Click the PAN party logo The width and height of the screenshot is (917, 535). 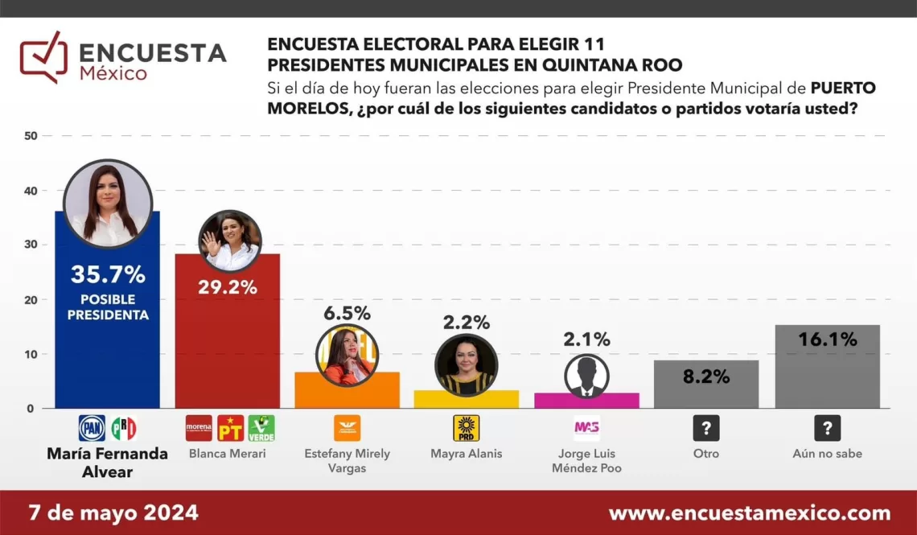(x=92, y=428)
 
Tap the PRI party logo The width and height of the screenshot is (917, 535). (x=123, y=428)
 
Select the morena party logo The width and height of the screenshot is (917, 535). (x=199, y=428)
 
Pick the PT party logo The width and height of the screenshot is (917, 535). (x=230, y=428)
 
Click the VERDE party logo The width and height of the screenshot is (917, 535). (x=261, y=428)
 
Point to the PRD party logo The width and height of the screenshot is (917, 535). (x=466, y=428)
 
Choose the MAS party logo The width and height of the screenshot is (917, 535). (x=586, y=427)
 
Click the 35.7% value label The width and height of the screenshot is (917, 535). (x=108, y=275)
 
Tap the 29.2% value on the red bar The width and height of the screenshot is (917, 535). (x=228, y=287)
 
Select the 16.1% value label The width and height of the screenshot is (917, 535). (x=828, y=340)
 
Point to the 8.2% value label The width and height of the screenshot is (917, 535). (x=706, y=377)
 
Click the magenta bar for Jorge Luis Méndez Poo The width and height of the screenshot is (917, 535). (x=586, y=401)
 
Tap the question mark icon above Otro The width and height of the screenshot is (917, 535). (x=706, y=428)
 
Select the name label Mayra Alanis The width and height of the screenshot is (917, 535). (x=467, y=454)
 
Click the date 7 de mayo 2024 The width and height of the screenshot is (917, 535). (x=113, y=513)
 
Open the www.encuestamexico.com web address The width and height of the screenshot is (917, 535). (x=749, y=513)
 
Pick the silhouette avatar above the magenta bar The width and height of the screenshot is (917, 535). (x=586, y=376)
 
